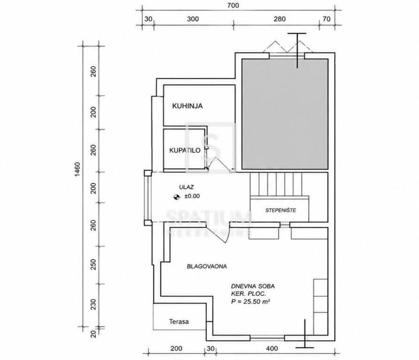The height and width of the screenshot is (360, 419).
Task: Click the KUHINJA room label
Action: (187, 106)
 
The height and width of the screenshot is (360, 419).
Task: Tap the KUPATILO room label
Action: (185, 150)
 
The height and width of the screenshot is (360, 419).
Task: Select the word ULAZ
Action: (187, 187)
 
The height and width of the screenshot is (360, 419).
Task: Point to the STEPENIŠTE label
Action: (281, 210)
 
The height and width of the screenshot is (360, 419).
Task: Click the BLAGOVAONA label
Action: (207, 266)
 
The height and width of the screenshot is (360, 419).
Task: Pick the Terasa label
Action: (179, 322)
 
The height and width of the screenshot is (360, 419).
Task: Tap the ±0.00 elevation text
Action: (192, 196)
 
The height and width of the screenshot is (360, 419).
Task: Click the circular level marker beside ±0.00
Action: (176, 197)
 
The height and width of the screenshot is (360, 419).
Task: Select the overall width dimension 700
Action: (234, 5)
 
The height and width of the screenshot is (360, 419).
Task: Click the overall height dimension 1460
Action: (77, 169)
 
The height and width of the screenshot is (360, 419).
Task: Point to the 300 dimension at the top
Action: (193, 19)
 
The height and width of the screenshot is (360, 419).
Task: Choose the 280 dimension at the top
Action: (280, 19)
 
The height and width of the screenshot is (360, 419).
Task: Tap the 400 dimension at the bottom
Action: (272, 348)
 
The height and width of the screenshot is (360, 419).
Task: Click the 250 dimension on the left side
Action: (93, 264)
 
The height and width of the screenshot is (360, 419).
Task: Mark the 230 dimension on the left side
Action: (93, 305)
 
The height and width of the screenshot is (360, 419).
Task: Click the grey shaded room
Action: (285, 114)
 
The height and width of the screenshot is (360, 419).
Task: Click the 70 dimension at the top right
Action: (327, 19)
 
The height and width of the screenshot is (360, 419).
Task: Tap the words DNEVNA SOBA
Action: (253, 286)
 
